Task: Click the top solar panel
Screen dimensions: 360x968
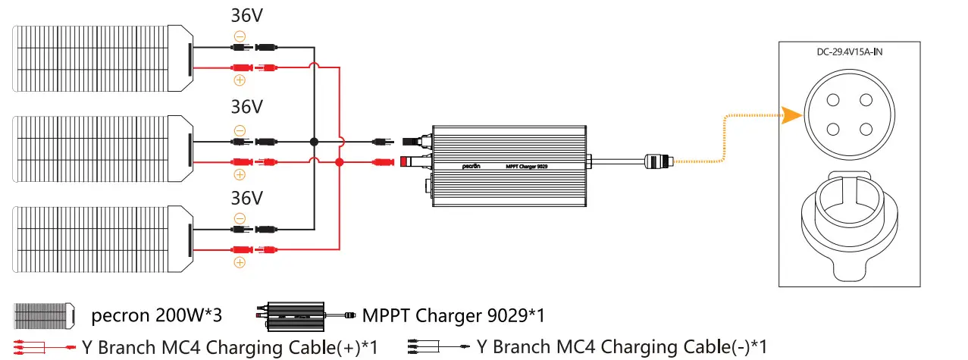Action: (x=102, y=58)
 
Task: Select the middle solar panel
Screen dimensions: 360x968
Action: (x=102, y=148)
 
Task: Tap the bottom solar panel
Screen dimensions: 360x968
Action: (x=102, y=237)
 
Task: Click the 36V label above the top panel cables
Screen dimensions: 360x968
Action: (x=247, y=16)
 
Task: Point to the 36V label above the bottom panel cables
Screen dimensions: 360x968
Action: (x=247, y=199)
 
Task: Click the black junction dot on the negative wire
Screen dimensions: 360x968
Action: (x=314, y=142)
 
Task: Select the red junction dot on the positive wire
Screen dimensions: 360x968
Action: (x=340, y=162)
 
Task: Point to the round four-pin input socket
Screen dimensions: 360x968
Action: (x=851, y=113)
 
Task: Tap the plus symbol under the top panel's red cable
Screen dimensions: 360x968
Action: (x=240, y=80)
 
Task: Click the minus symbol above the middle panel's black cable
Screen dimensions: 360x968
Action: (x=240, y=129)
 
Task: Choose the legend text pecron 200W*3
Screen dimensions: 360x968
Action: (x=157, y=314)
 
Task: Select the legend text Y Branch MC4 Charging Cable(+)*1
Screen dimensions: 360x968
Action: (x=230, y=347)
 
